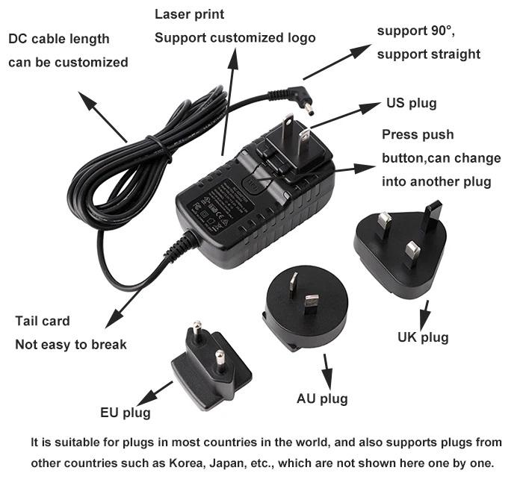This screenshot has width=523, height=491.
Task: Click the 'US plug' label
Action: (411, 103)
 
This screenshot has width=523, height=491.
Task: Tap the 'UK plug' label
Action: (423, 337)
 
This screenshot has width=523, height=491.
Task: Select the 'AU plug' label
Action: (322, 398)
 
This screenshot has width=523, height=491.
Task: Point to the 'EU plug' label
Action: (126, 412)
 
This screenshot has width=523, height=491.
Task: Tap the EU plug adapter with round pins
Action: (208, 370)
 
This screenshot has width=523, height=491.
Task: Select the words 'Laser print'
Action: (189, 14)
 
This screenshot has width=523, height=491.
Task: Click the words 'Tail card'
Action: (43, 321)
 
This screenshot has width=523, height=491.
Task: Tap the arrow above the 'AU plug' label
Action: (327, 370)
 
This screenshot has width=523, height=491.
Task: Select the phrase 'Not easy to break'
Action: (71, 344)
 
